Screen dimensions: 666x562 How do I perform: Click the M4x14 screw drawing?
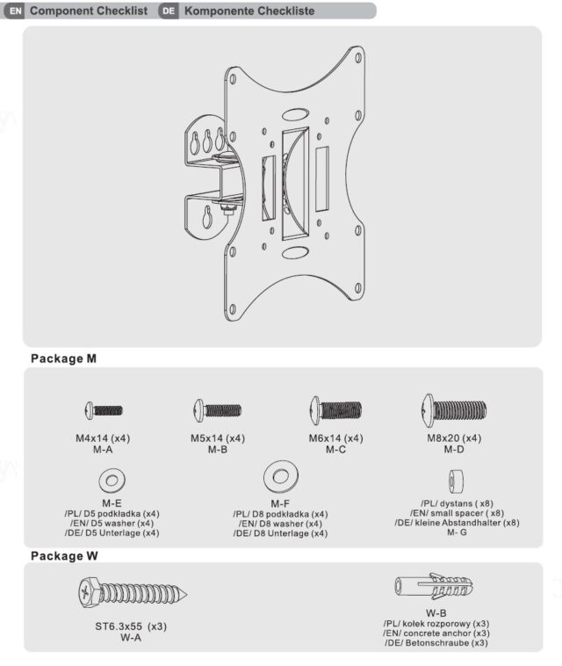coord(104,409)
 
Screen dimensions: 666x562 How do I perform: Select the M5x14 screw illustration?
coord(217,409)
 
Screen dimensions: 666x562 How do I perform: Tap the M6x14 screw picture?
coord(335,410)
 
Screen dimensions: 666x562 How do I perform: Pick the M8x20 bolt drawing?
coord(453,409)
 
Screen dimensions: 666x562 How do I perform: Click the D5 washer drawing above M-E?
coord(112,480)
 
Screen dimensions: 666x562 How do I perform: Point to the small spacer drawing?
coord(456,480)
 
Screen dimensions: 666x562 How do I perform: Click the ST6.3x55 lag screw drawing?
coord(131,594)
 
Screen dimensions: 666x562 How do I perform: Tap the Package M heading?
coord(63,359)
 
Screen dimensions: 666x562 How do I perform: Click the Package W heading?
coord(64,556)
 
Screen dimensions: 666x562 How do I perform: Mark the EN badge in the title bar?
coord(14,11)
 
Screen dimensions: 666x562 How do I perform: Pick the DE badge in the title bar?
coord(169,11)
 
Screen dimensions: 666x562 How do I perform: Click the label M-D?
coord(453,449)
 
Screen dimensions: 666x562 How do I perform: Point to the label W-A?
coord(131,638)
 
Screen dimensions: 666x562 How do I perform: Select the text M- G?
coord(457,532)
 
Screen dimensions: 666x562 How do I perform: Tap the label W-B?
coord(436,612)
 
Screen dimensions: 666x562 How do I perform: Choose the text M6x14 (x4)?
coord(335,438)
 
